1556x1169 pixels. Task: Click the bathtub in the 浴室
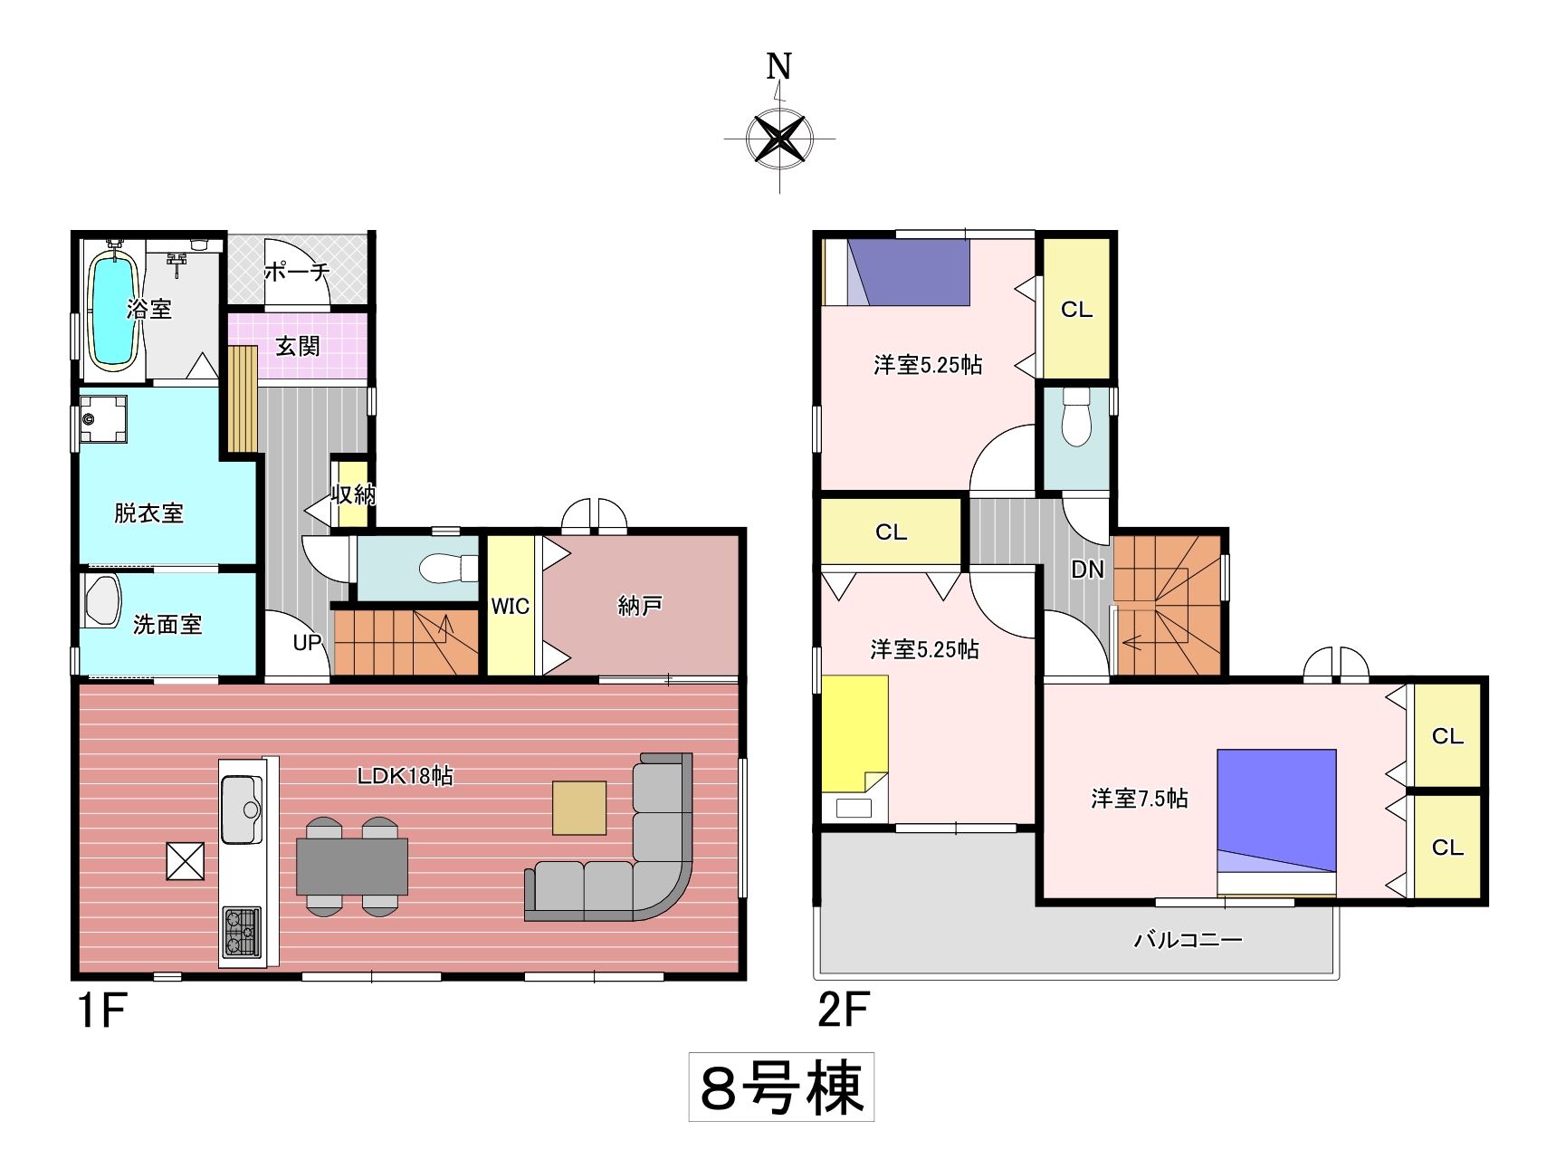tap(113, 308)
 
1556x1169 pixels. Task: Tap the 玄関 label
tap(298, 346)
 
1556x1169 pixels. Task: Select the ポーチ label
tap(297, 271)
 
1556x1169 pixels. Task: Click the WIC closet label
tap(511, 606)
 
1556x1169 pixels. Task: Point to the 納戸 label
tap(640, 605)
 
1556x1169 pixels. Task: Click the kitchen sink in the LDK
tap(242, 809)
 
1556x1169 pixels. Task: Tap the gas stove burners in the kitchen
tap(242, 933)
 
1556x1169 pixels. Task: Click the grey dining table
tap(352, 867)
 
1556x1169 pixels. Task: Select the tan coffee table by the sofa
tap(579, 808)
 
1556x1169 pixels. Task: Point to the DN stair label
tap(1088, 570)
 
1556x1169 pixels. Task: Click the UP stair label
tap(308, 643)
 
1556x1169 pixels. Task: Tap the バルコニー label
tap(1188, 940)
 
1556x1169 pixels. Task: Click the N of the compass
tap(778, 66)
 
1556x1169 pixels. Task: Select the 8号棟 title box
tap(781, 1087)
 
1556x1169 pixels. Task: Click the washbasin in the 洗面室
tap(102, 599)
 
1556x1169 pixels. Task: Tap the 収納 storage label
tap(353, 494)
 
